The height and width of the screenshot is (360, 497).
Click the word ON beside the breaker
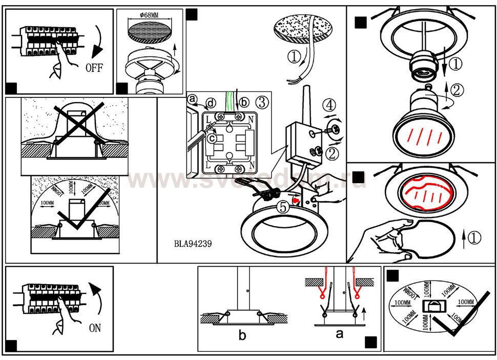click(x=95, y=328)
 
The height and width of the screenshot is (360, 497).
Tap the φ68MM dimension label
click(x=148, y=14)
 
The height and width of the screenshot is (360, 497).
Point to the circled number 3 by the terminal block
click(x=261, y=102)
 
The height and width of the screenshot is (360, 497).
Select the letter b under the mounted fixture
click(x=242, y=335)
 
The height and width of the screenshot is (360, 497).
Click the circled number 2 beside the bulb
click(x=457, y=89)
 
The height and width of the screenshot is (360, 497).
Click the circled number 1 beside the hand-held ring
click(x=474, y=237)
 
